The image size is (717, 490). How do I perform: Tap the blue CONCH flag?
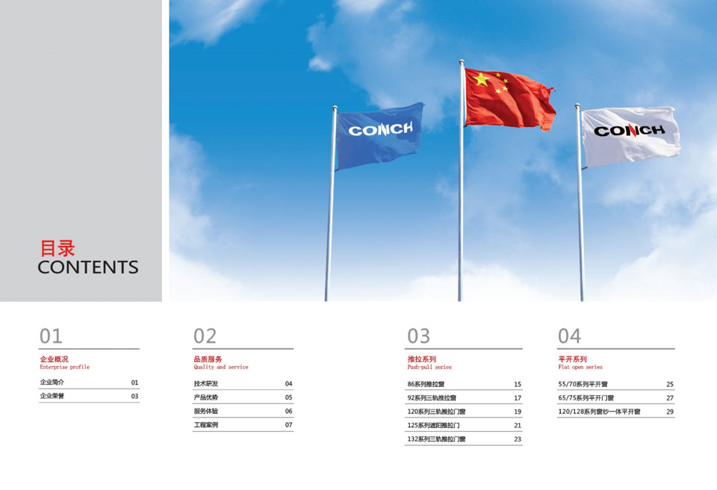tap(379, 135)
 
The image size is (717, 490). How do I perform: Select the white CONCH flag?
tap(630, 136)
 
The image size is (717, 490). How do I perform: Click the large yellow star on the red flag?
tap(481, 80)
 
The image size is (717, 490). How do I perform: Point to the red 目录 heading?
tap(58, 249)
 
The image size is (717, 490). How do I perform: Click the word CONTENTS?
tap(88, 267)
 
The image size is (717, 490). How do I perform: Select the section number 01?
tap(51, 336)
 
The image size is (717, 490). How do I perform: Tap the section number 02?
tap(205, 336)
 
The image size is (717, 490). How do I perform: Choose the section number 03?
tap(419, 336)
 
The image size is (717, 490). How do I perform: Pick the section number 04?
tap(569, 336)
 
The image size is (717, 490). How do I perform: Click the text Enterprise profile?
tap(64, 367)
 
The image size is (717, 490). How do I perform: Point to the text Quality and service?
tap(221, 367)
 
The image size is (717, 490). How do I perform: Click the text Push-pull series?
tap(429, 367)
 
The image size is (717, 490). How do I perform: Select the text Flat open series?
tap(580, 367)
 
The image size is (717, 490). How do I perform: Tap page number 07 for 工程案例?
tap(288, 425)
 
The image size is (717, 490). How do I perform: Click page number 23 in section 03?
tap(518, 439)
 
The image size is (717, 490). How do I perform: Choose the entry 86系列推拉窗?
tap(426, 385)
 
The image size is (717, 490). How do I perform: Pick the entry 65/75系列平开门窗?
tap(586, 398)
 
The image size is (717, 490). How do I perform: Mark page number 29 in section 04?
tap(670, 412)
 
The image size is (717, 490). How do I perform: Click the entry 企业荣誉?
tap(52, 396)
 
